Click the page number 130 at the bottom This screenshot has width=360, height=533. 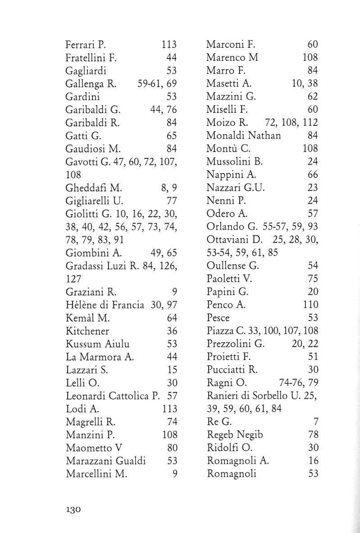pyautogui.click(x=73, y=510)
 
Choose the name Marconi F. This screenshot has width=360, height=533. pyautogui.click(x=231, y=45)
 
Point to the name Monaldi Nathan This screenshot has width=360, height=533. pyautogui.click(x=244, y=135)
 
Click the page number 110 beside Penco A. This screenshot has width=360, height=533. pyautogui.click(x=311, y=305)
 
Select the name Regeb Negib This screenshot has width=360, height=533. pyautogui.click(x=235, y=435)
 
